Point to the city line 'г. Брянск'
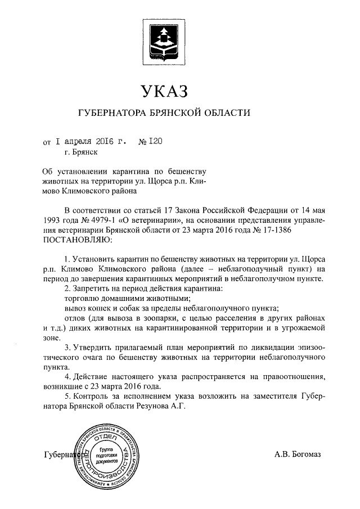click(x=82, y=152)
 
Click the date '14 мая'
click(x=309, y=211)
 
